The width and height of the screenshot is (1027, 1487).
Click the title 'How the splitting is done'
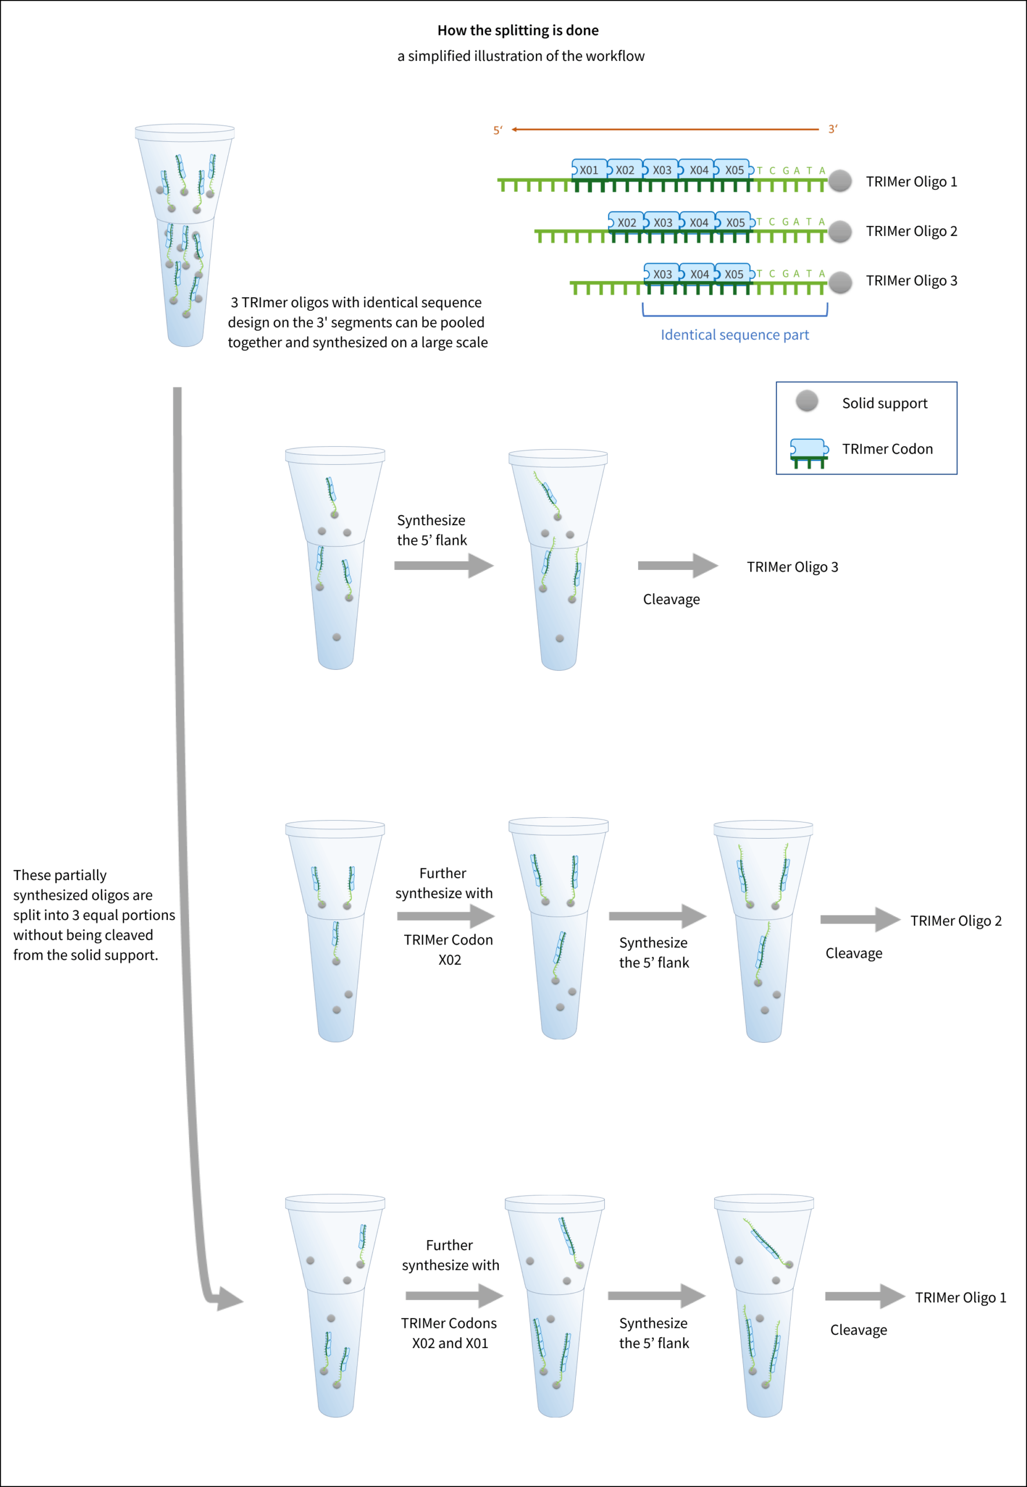(517, 30)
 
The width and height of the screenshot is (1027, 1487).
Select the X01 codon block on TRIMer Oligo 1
(588, 170)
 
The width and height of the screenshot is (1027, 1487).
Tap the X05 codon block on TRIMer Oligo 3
(734, 274)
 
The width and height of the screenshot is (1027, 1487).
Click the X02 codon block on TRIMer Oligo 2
(626, 222)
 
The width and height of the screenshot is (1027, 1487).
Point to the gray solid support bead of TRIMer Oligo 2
(839, 231)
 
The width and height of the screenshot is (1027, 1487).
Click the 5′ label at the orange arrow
(498, 131)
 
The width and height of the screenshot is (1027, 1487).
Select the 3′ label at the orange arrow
(833, 130)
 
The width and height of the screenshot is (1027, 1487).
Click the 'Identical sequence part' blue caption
(734, 335)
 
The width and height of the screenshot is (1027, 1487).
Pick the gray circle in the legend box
(807, 401)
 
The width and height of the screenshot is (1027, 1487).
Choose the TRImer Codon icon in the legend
(808, 452)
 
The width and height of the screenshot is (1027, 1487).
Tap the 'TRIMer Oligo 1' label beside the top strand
(911, 182)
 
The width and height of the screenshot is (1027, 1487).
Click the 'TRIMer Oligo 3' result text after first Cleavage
(792, 567)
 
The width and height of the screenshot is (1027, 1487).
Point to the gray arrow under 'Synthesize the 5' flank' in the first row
(444, 566)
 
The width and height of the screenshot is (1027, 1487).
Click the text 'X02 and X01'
(450, 1343)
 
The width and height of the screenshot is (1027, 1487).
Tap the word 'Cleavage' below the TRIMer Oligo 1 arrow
(859, 1330)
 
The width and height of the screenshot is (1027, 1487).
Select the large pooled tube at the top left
(185, 235)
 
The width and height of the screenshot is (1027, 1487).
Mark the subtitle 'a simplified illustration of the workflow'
(521, 56)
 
